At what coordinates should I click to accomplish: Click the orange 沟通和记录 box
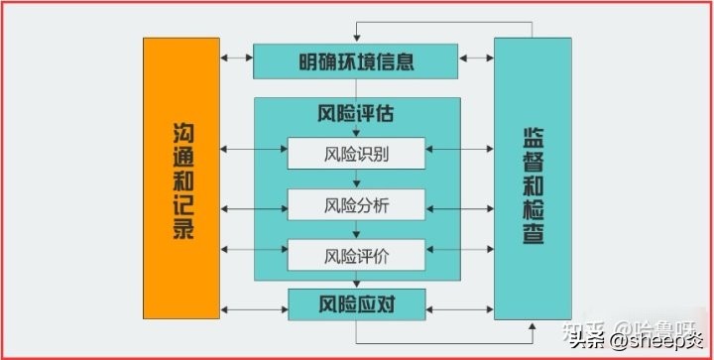pyautogui.click(x=180, y=179)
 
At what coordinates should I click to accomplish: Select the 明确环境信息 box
pyautogui.click(x=355, y=61)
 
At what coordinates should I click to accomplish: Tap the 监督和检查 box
pyautogui.click(x=533, y=179)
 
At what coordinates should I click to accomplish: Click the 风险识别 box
pyautogui.click(x=355, y=154)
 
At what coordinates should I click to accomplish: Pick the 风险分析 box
pyautogui.click(x=355, y=205)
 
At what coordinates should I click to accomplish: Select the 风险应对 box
pyautogui.click(x=355, y=302)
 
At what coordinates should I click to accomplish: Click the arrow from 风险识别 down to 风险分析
pyautogui.click(x=355, y=180)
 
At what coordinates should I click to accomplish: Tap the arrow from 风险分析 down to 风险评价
pyautogui.click(x=355, y=230)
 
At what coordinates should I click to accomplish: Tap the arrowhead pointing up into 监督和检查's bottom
pyautogui.click(x=533, y=323)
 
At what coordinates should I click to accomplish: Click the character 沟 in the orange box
pyautogui.click(x=180, y=129)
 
